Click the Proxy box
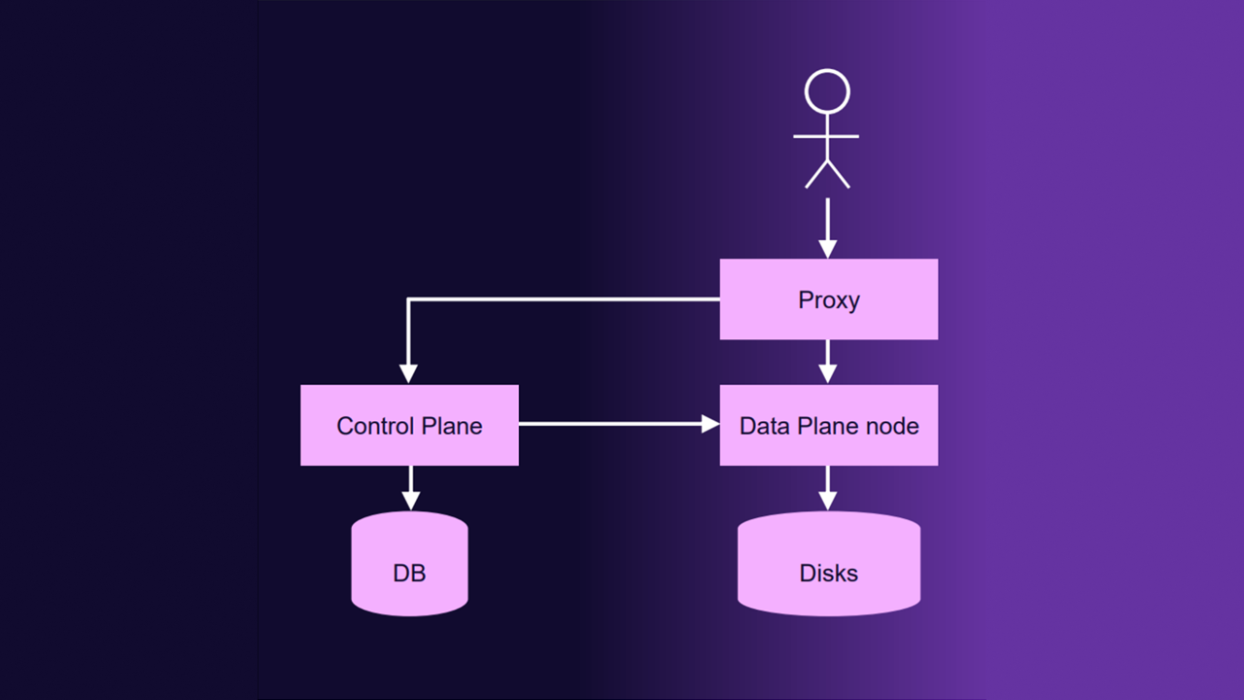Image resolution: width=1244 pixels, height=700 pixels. click(x=828, y=299)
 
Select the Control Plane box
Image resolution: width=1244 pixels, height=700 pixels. click(x=409, y=425)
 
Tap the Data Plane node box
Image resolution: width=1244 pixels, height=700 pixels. click(x=828, y=425)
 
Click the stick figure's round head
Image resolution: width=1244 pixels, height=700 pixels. click(x=827, y=92)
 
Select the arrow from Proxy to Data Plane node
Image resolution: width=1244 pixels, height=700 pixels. click(x=827, y=361)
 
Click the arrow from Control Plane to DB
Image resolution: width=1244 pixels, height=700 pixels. click(x=410, y=487)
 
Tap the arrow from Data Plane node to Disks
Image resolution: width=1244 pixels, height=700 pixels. click(x=827, y=487)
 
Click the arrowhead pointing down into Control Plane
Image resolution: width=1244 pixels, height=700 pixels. click(x=409, y=374)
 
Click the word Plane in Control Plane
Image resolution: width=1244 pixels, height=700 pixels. click(x=452, y=426)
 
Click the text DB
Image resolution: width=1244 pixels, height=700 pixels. click(x=409, y=574)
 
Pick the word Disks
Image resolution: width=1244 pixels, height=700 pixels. click(x=828, y=574)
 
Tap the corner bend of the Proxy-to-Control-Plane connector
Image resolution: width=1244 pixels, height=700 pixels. click(x=409, y=300)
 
